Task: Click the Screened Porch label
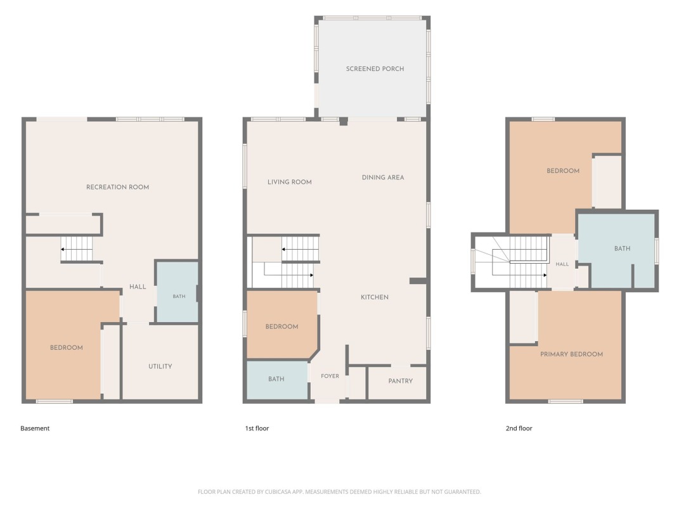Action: [x=375, y=69]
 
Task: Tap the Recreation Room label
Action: [x=117, y=187]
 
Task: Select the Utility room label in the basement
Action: [x=160, y=366]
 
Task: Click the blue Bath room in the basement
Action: [x=177, y=292]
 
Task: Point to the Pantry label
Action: [x=400, y=381]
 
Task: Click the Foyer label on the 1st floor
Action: [x=330, y=376]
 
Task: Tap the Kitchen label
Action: [x=375, y=297]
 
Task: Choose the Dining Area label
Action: [x=383, y=177]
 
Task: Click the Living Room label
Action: [x=289, y=182]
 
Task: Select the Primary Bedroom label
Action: [x=571, y=354]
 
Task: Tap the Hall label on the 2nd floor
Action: [x=562, y=264]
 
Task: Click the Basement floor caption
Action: [x=35, y=428]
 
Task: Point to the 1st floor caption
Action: [x=257, y=428]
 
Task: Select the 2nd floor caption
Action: [x=519, y=428]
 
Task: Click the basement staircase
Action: [x=77, y=249]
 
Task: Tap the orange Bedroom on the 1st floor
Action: [x=282, y=325]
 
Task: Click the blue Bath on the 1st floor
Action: [x=277, y=380]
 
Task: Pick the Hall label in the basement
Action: [x=138, y=287]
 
